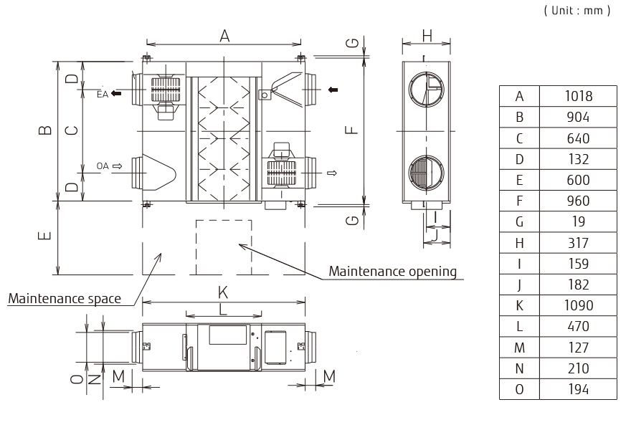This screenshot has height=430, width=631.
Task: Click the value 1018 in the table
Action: coord(577,96)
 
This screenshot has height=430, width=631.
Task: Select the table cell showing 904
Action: coord(577,117)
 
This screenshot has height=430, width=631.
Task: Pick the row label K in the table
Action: coord(519,305)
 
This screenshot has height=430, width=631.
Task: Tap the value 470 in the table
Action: coord(577,326)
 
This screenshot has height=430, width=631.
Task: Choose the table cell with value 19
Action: coord(577,221)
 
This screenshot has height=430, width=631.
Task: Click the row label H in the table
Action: coord(519,242)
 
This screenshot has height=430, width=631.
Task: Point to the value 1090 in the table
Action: coord(577,305)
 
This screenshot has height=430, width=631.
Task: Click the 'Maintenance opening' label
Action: coord(392,271)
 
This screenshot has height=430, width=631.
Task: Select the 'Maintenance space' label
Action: coord(65,298)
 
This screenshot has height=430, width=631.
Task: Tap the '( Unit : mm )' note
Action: coord(578,11)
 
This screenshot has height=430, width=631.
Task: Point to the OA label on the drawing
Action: coord(103,166)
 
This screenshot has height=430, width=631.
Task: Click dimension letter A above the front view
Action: coord(224,36)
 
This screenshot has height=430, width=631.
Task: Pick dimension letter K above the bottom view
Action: coord(224,292)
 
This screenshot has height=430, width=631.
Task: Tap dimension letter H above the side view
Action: coord(427,35)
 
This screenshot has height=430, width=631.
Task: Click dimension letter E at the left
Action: coord(45,236)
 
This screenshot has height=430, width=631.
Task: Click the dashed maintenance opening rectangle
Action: coord(224,247)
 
